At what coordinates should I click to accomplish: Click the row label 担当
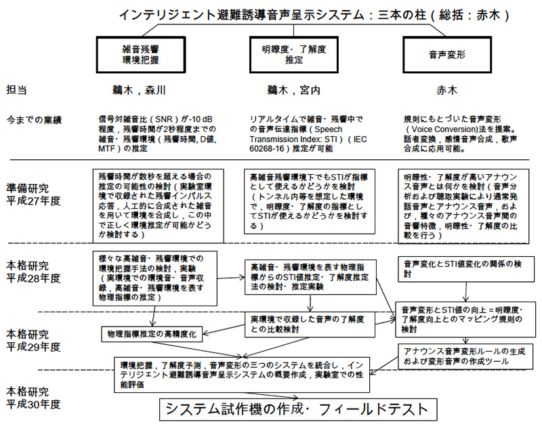16,90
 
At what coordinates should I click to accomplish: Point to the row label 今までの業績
34,120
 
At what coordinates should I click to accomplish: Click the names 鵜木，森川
139,90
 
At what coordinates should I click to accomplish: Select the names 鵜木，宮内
294,90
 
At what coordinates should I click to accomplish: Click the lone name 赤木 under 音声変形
447,90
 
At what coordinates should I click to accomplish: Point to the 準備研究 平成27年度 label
33,194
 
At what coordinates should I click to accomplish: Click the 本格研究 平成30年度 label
33,398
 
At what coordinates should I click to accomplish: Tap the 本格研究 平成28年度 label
33,272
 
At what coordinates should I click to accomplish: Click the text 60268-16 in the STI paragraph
267,149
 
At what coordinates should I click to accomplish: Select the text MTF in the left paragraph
106,149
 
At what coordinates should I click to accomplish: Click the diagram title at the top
314,15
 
